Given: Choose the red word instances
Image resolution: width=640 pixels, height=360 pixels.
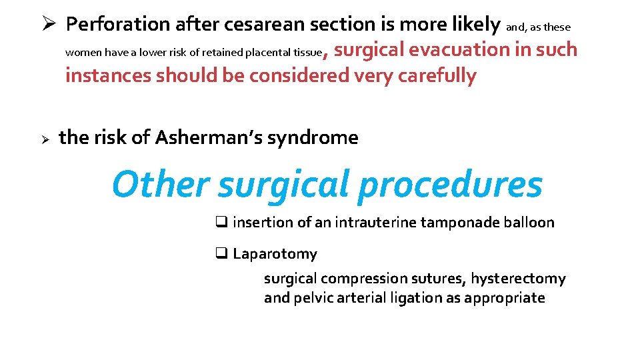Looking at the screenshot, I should (108, 76).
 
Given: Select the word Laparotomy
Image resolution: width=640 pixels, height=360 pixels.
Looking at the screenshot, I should (275, 254).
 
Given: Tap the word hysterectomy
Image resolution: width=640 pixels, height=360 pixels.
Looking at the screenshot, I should (518, 279).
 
